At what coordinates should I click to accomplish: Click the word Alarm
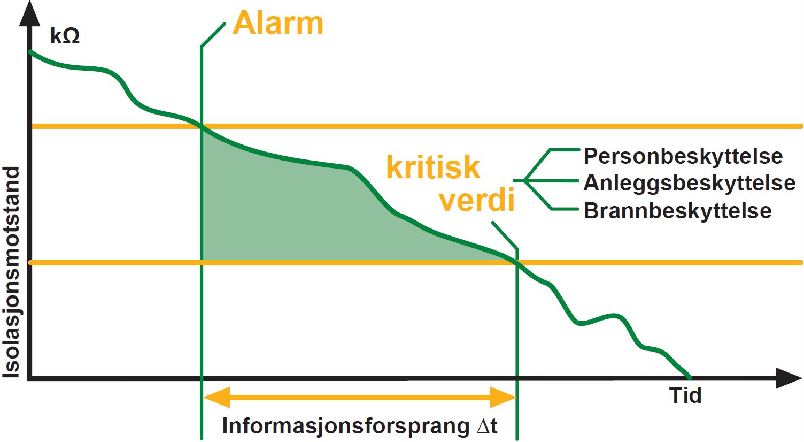(278, 24)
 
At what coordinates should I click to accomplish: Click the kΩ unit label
(65, 36)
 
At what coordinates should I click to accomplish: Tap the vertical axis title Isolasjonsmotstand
(11, 273)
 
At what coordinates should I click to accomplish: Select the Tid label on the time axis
(685, 396)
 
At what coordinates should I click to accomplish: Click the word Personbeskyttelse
(683, 156)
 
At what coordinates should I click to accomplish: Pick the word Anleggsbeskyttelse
(690, 183)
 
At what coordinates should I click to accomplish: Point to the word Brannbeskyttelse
(677, 211)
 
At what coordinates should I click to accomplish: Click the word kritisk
(433, 167)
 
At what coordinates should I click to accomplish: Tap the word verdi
(476, 201)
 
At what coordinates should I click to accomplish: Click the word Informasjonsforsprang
(346, 426)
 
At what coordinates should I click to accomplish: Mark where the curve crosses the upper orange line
(202, 126)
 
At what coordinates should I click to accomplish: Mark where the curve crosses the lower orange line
(516, 262)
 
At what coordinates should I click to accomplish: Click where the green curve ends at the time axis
(690, 376)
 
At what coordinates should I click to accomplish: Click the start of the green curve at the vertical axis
(30, 52)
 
